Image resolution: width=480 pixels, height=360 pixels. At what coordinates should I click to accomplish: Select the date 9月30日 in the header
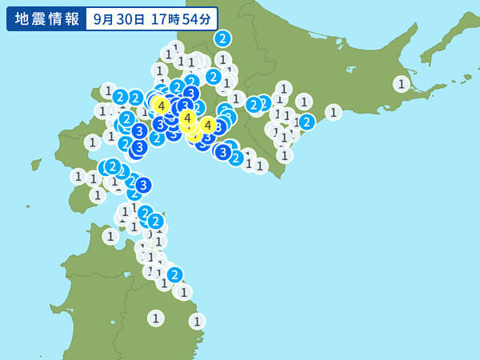pyautogui.click(x=118, y=18)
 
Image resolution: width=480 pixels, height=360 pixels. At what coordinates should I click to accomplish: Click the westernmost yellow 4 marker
pyautogui.click(x=162, y=105)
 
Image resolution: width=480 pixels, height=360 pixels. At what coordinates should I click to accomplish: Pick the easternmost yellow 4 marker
pyautogui.click(x=207, y=125)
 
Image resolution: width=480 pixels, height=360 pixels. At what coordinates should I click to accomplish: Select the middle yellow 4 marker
pyautogui.click(x=187, y=118)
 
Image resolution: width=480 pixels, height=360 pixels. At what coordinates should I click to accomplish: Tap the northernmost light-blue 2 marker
pyautogui.click(x=222, y=38)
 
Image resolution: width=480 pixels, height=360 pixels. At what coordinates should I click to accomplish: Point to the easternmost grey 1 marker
pyautogui.click(x=402, y=83)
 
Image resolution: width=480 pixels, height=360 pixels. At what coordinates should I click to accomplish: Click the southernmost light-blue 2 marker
pyautogui.click(x=174, y=274)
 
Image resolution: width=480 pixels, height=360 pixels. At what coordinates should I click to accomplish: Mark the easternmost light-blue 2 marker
pyautogui.click(x=306, y=122)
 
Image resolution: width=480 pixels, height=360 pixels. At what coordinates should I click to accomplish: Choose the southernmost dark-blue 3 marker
pyautogui.click(x=143, y=185)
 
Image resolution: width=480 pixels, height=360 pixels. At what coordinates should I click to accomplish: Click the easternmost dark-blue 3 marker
pyautogui.click(x=223, y=151)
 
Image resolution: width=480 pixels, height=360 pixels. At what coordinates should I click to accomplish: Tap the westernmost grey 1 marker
pyautogui.click(x=78, y=176)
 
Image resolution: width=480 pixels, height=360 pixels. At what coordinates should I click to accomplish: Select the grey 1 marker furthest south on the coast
pyautogui.click(x=197, y=321)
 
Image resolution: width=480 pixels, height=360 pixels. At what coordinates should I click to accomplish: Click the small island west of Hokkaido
pyautogui.click(x=36, y=165)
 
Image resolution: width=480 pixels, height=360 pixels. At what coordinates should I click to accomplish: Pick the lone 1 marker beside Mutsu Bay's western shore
pyautogui.click(x=110, y=236)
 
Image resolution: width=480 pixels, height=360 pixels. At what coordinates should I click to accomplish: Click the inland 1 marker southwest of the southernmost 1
pyautogui.click(x=156, y=318)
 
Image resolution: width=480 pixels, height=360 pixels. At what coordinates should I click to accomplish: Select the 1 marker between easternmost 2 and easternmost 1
pyautogui.click(x=334, y=112)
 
